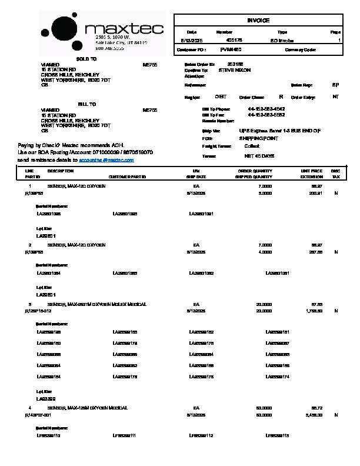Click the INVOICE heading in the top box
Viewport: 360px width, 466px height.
click(258, 21)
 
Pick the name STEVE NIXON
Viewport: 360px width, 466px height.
click(234, 70)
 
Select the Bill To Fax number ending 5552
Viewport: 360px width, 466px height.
click(266, 115)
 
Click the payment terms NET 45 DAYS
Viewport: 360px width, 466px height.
click(259, 156)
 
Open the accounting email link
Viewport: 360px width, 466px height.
click(107, 159)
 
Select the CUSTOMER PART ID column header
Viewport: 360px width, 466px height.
click(127, 177)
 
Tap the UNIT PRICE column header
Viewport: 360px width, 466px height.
click(311, 171)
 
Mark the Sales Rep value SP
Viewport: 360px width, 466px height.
click(335, 85)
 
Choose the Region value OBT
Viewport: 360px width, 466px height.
click(221, 96)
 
